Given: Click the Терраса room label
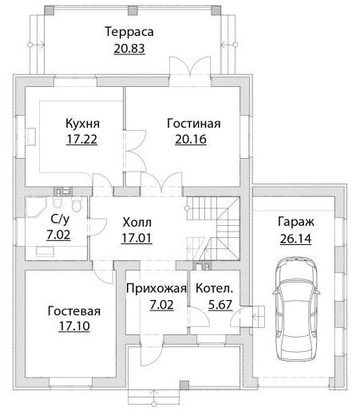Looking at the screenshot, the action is [129, 32].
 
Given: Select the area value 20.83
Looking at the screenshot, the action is [129, 49].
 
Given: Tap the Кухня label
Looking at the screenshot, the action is [83, 124].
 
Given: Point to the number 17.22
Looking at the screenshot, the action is [81, 140].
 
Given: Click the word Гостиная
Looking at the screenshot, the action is [194, 124].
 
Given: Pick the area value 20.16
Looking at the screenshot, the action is [191, 140].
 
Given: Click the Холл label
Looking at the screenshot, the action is [137, 222].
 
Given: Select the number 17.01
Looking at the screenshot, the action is [136, 238].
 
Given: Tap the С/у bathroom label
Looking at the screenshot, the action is [60, 219].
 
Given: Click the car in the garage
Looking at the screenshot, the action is [296, 309].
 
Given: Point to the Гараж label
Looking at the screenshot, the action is [296, 222].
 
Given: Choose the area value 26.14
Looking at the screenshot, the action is [295, 239].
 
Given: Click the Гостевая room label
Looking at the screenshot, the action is [74, 311].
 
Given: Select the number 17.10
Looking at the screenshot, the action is [74, 326].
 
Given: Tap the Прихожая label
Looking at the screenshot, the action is [156, 289].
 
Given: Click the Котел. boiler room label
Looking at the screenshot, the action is [215, 289].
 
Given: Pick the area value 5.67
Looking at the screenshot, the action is [220, 305].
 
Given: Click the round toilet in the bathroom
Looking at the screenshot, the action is [77, 204].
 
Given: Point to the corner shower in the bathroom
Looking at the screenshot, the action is [36, 207].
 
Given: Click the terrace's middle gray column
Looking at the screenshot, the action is [133, 10].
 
